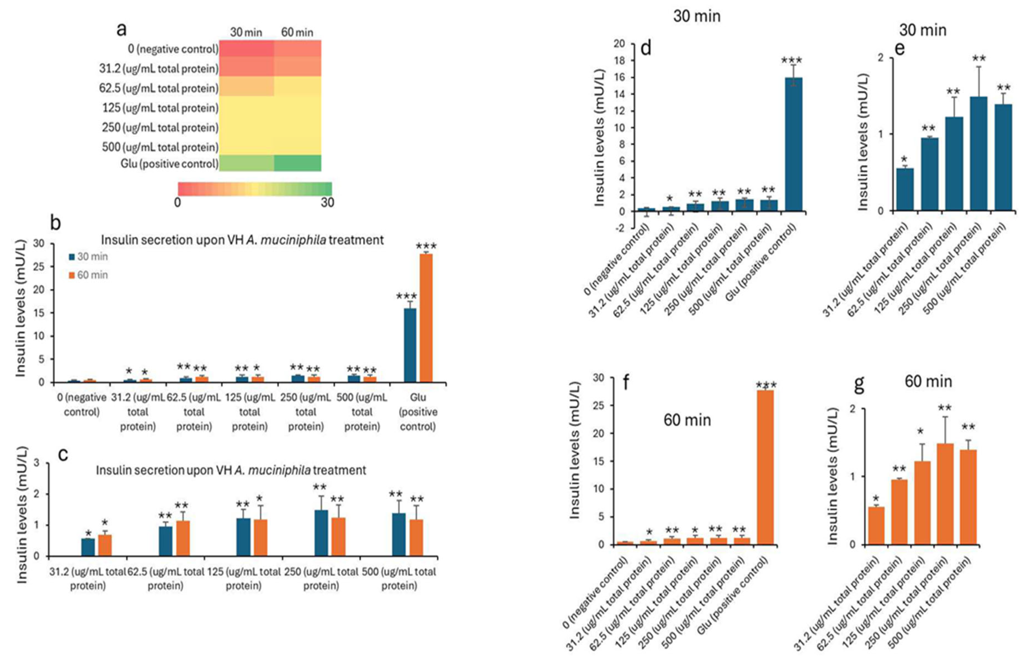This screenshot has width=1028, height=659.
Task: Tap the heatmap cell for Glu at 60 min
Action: coord(298,163)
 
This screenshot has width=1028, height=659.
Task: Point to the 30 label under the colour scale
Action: coord(327,202)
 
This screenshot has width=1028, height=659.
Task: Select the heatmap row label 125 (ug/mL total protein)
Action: coord(160,108)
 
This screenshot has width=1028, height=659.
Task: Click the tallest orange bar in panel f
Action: coord(765,467)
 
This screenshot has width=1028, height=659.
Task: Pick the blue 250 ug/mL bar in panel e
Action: coord(978,153)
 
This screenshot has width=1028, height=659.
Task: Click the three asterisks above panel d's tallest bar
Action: coord(791,60)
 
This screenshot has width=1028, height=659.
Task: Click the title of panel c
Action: coord(231,470)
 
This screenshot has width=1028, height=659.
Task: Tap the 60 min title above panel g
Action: coord(928,381)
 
